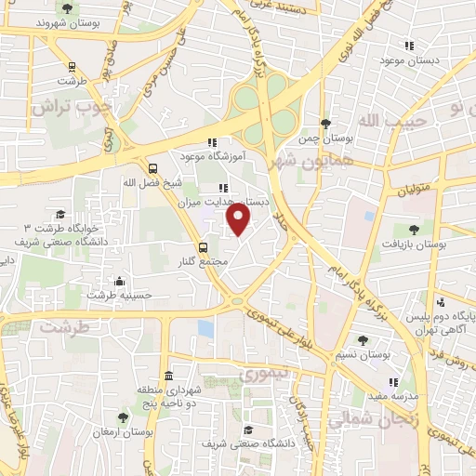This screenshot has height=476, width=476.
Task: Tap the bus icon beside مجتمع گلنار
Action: click(x=204, y=247)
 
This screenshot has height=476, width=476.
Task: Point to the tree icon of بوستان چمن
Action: click(x=324, y=125)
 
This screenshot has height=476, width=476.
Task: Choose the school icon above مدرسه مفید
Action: click(x=393, y=381)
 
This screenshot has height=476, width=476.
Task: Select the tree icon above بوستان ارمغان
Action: click(x=124, y=417)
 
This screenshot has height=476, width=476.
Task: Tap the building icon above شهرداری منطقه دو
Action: click(x=168, y=376)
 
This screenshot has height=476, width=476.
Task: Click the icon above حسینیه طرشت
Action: click(x=119, y=281)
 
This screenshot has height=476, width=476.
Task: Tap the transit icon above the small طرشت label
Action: click(x=73, y=66)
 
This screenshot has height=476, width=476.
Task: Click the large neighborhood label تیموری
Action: click(x=266, y=377)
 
